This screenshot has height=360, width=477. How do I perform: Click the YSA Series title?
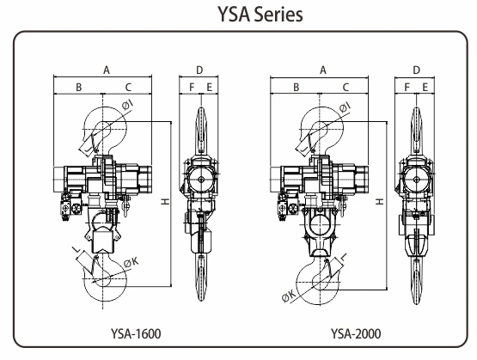click(260, 15)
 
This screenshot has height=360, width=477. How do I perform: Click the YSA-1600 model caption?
click(136, 333)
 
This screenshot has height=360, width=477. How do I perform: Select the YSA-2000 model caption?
click(356, 333)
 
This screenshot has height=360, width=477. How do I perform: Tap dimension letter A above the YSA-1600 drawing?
click(107, 70)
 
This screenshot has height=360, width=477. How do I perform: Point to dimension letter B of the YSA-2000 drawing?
click(296, 88)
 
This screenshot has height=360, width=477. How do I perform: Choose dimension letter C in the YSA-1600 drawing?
click(128, 88)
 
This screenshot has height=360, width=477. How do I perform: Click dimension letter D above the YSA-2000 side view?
click(416, 70)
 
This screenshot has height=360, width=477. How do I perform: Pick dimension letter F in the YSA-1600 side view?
click(192, 88)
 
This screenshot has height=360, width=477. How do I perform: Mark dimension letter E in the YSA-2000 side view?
click(425, 88)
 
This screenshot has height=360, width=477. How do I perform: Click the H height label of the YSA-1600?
click(166, 201)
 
